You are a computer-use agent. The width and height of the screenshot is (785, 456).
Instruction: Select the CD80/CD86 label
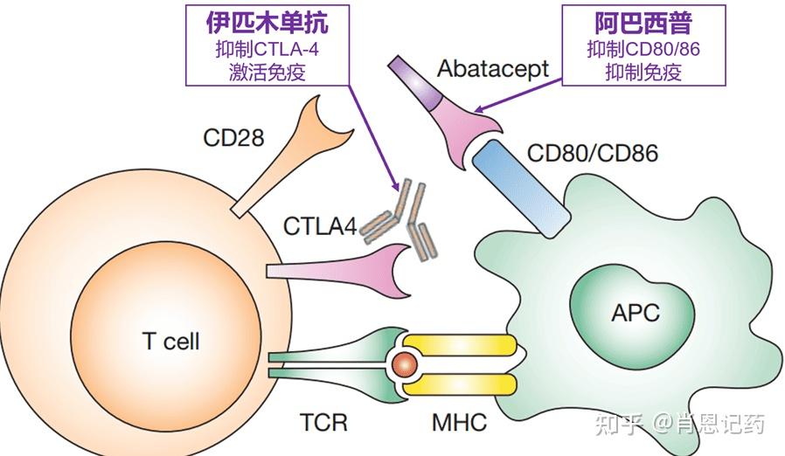(x=592, y=154)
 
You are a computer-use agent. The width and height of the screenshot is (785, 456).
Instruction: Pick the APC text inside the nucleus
(x=635, y=312)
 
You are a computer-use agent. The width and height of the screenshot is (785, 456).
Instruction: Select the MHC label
(x=458, y=424)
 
